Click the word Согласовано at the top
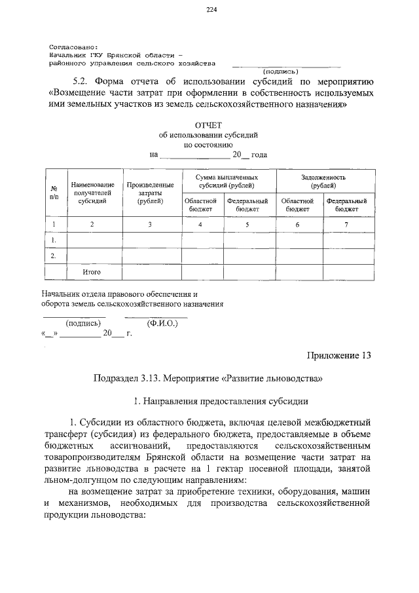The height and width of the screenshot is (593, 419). point(73,48)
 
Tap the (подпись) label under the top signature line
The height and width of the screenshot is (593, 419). point(280,71)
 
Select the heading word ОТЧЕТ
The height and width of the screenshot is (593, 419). point(209,124)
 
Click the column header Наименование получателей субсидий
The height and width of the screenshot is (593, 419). point(92,193)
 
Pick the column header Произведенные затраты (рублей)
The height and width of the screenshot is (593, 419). point(150,193)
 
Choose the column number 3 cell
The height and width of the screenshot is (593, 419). point(150,225)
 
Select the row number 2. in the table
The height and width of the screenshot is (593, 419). point(54,255)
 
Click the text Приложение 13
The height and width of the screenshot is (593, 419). point(339,356)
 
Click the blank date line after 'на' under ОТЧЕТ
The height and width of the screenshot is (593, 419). point(194,155)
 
